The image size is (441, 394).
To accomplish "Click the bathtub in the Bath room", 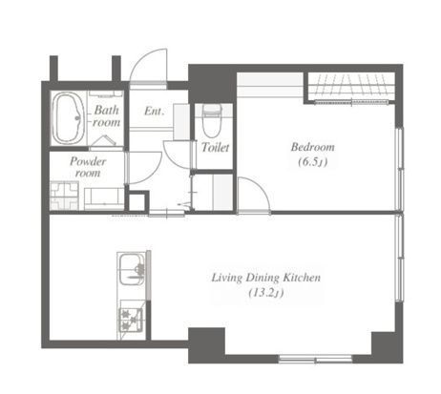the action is click(68, 118).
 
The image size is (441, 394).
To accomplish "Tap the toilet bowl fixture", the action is click(212, 121).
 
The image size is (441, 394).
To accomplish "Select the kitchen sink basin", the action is click(132, 270).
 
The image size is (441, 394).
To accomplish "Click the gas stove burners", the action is click(131, 320).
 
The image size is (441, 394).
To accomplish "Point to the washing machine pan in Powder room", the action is click(64, 196).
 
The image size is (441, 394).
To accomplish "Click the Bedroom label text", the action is click(313, 147).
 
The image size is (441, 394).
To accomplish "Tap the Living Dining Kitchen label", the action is click(266, 278).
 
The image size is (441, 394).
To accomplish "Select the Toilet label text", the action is click(215, 147).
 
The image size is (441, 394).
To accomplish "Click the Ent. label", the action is click(155, 111).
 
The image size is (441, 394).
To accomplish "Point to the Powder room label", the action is click(88, 167).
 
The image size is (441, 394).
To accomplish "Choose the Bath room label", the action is click(107, 116).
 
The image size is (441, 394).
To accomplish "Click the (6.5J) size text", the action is click(313, 162).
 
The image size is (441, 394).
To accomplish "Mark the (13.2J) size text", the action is click(266, 293).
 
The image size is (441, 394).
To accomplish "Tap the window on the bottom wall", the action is click(316, 360).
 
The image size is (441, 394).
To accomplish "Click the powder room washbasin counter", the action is click(104, 198).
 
